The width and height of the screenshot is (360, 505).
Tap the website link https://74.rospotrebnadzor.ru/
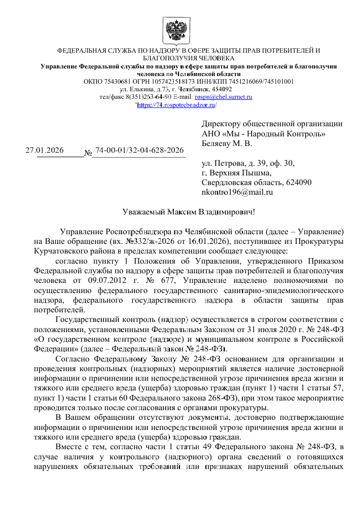tap(177, 105)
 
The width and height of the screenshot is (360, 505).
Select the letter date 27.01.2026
tap(45, 150)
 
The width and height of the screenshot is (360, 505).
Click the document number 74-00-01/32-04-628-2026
tap(139, 150)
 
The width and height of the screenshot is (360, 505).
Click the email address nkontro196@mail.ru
tap(237, 192)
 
